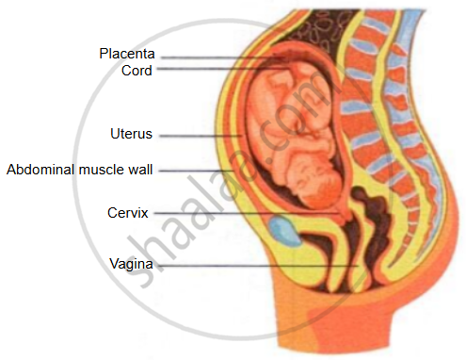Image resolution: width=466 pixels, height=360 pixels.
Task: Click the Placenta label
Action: [127, 54]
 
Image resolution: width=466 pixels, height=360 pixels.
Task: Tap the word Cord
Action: [137, 71]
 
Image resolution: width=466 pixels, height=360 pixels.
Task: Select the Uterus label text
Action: [131, 134]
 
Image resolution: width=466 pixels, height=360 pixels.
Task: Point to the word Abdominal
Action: [40, 170]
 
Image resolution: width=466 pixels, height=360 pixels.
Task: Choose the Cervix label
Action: [127, 213]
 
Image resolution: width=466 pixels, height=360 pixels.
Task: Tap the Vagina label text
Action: [131, 264]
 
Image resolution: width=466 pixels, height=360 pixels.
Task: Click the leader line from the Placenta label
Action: [223, 57]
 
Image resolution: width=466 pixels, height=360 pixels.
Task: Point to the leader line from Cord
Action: [223, 69]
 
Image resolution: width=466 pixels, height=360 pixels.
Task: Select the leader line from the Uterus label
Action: [201, 136]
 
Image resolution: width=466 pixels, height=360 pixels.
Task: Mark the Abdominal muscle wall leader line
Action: [196, 171]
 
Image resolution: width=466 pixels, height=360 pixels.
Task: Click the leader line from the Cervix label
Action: [247, 213]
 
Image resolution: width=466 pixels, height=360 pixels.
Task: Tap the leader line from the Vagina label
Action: [258, 266]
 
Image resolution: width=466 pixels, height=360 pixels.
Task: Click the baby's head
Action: [317, 186]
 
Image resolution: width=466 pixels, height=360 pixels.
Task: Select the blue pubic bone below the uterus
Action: [284, 231]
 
